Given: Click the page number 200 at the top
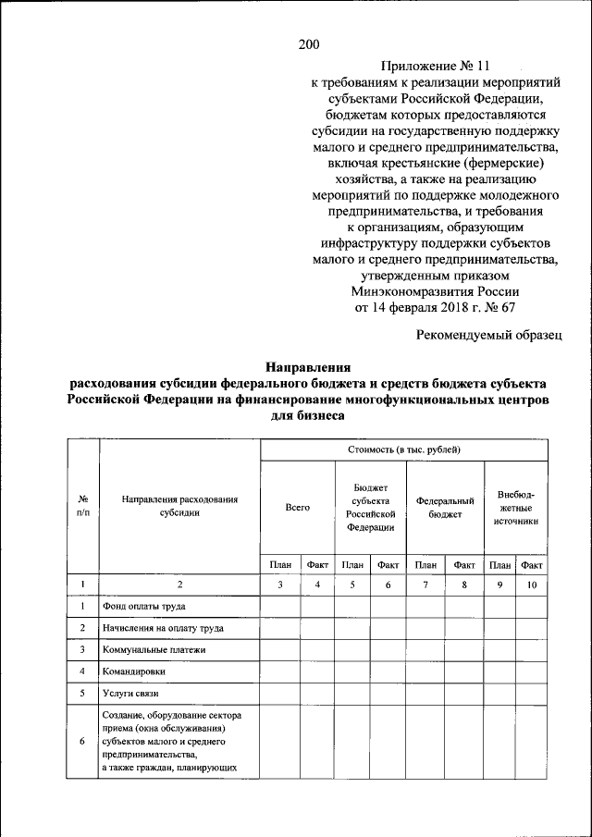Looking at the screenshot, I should click(309, 44).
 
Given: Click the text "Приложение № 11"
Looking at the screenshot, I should click(435, 67).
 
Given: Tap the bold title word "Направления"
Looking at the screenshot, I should click(308, 367).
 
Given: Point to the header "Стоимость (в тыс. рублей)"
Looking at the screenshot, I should click(403, 450).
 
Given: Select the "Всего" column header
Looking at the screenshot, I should click(297, 508).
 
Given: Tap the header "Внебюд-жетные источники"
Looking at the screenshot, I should click(515, 508).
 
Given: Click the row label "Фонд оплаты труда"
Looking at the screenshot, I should click(143, 607).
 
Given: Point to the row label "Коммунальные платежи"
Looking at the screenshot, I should click(154, 650).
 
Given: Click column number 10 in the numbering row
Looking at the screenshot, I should click(531, 585).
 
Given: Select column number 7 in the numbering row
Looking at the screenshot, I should click(425, 585).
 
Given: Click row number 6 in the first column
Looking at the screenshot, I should click(83, 741).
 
